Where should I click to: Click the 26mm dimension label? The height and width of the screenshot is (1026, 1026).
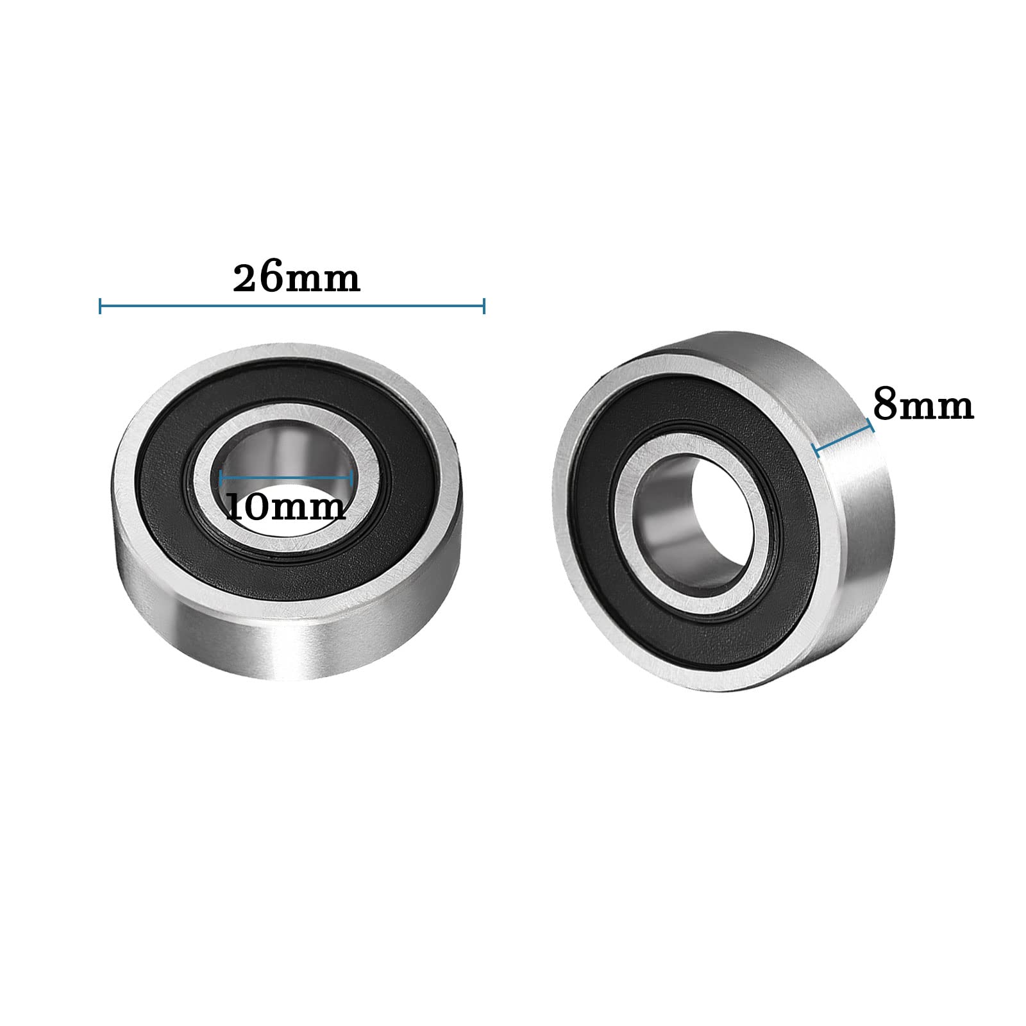(x=296, y=278)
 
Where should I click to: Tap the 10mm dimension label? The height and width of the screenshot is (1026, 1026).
(x=286, y=507)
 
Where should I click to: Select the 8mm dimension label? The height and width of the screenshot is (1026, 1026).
(x=923, y=406)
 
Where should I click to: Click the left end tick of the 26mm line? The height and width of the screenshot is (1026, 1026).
(x=101, y=306)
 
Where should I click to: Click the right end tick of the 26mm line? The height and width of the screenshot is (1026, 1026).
(x=484, y=306)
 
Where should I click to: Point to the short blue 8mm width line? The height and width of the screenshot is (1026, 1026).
(x=843, y=439)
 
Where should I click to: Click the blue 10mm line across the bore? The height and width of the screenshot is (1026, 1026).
(x=286, y=478)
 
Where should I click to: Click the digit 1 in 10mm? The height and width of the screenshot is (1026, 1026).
(x=235, y=507)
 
